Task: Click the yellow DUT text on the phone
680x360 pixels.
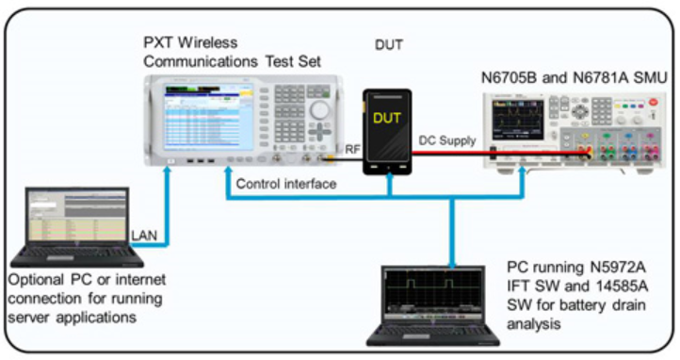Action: click(387, 118)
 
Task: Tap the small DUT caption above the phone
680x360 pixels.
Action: click(389, 44)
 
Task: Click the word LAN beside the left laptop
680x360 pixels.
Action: click(144, 236)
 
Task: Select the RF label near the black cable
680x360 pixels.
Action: click(352, 149)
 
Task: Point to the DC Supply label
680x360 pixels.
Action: click(447, 140)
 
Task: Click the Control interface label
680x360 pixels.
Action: click(286, 184)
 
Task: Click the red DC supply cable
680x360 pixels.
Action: click(500, 153)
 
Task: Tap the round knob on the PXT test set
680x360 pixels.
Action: click(320, 110)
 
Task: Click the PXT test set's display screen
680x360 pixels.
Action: click(208, 117)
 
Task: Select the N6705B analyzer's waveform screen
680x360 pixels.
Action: click(517, 120)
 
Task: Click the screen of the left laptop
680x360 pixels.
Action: click(77, 216)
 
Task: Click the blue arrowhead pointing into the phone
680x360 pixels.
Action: click(390, 176)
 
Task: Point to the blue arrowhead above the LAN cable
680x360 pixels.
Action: click(166, 171)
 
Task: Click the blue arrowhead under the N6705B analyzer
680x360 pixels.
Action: click(522, 171)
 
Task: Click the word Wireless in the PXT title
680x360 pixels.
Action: click(208, 42)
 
